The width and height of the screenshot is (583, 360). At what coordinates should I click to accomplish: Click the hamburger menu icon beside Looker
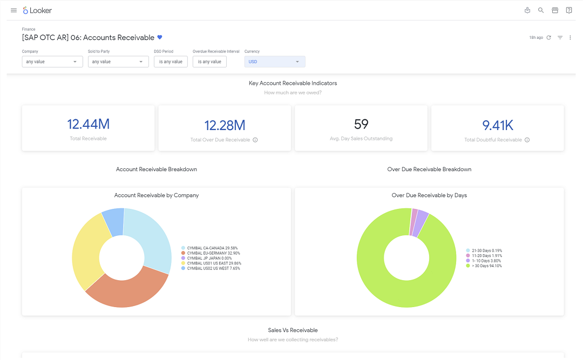click(13, 10)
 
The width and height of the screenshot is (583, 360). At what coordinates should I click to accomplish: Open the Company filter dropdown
click(52, 62)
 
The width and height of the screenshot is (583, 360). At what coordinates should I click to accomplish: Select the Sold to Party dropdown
click(118, 62)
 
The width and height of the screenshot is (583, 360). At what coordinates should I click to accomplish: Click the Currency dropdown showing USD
click(275, 62)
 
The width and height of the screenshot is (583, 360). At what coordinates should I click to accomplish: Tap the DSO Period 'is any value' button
click(171, 62)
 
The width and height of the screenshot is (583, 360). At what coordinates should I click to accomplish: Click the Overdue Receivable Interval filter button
click(209, 62)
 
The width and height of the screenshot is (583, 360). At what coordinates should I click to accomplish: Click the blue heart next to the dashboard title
click(160, 37)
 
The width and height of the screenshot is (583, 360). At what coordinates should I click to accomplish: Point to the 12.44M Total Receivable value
click(89, 124)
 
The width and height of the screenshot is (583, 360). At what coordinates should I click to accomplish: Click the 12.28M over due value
click(225, 125)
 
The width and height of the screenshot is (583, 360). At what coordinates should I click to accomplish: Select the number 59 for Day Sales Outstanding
click(361, 124)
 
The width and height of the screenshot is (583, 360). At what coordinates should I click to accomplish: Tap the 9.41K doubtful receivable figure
click(498, 125)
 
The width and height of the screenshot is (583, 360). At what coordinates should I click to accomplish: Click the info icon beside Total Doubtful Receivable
click(527, 140)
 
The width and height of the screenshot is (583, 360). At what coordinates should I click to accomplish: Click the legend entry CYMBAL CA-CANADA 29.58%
click(209, 248)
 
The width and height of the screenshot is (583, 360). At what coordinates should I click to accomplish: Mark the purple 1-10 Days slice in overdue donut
click(421, 223)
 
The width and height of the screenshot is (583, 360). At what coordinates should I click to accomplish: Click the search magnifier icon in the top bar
click(541, 10)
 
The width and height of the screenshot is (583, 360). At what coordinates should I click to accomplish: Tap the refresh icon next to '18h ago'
click(549, 38)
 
